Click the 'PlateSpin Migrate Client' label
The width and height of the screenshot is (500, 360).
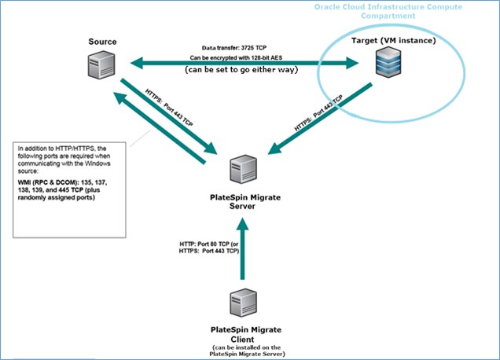click(243, 332)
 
